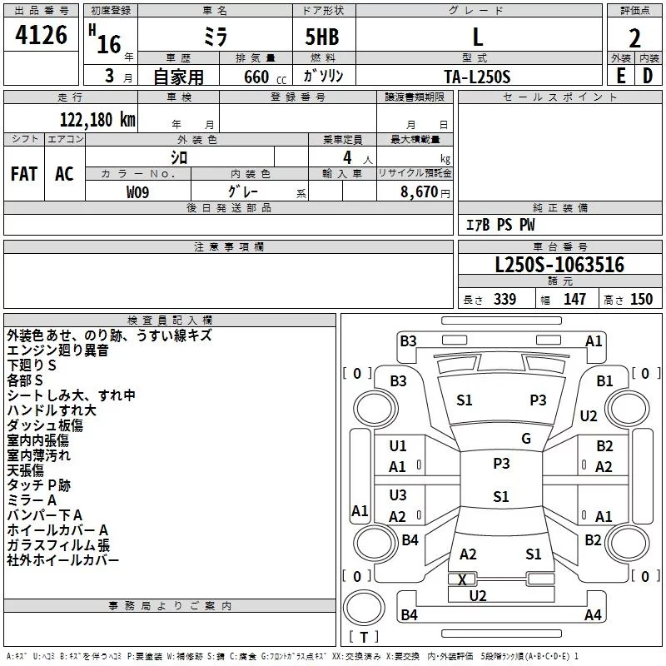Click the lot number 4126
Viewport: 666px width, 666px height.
pos(41,35)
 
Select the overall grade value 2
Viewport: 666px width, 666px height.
pos(634,38)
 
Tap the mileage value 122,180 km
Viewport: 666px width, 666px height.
pos(97,119)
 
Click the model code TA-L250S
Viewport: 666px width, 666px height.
pos(477,77)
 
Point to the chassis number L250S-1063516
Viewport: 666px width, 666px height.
pos(559,264)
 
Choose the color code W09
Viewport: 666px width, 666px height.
pos(137,192)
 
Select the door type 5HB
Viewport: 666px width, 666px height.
pos(322,37)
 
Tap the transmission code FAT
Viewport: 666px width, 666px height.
pos(24,174)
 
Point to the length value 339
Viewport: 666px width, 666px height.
pos(504,299)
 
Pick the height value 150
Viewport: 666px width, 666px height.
pos(641,299)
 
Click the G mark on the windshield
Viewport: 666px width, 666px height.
pos(526,439)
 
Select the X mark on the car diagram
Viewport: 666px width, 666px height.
pos(462,579)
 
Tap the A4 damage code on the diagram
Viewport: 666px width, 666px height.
pos(593,614)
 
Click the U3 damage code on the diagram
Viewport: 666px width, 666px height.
pos(398,495)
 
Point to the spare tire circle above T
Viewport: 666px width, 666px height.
pos(364,608)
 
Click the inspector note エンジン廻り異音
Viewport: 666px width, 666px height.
pos(57,350)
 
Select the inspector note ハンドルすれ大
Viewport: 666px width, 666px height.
pos(52,410)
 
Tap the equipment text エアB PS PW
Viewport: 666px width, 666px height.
pos(500,225)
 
